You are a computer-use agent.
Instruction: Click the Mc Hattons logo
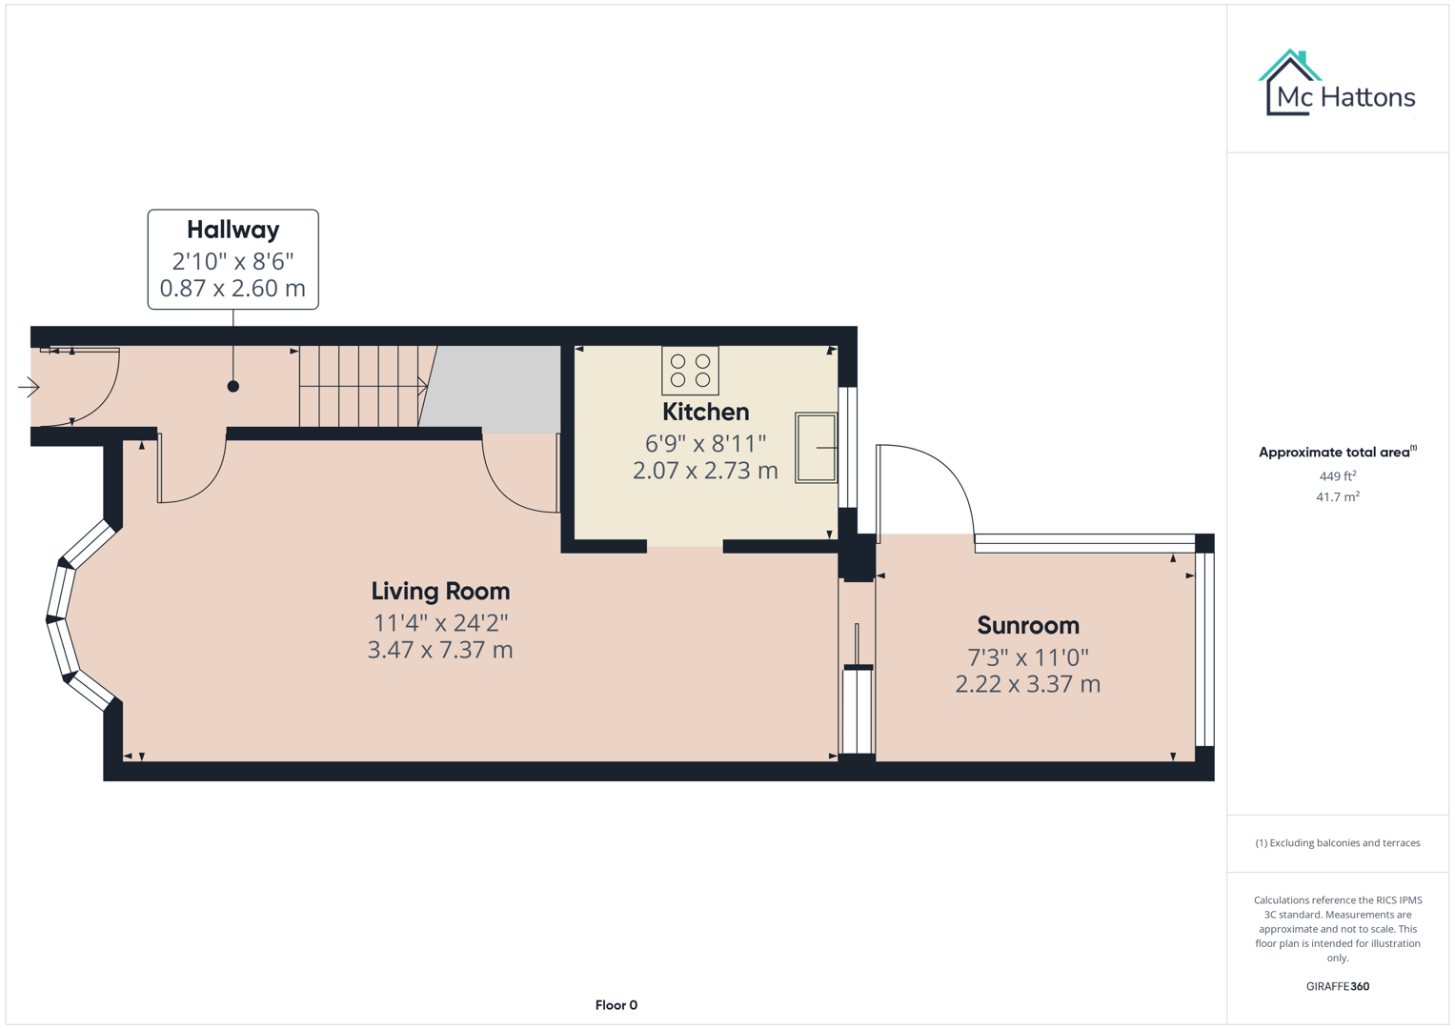[x=1337, y=85]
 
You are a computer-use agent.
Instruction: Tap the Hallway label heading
[x=232, y=230]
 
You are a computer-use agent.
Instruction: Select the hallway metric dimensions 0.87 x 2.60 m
[x=232, y=289]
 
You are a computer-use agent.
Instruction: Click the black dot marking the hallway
[x=232, y=386]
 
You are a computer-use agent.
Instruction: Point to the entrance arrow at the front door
[x=29, y=387]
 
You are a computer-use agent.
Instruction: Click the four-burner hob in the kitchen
[x=690, y=371]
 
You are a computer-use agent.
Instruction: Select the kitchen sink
[x=816, y=448]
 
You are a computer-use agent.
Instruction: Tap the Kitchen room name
[x=705, y=412]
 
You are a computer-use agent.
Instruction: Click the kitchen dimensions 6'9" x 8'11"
[x=705, y=443]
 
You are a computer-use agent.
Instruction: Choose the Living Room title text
[x=440, y=591]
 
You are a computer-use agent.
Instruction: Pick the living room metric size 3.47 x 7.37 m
[x=440, y=650]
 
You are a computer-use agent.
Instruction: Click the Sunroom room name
[x=1027, y=625]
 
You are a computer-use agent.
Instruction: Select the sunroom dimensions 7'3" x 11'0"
[x=1027, y=656]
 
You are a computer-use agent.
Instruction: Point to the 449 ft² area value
[x=1337, y=475]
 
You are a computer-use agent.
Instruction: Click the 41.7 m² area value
[x=1337, y=496]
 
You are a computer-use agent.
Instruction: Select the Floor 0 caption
[x=616, y=1005]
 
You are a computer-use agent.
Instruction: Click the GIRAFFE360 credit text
[x=1337, y=986]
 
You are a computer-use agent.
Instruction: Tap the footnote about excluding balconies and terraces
[x=1337, y=843]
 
